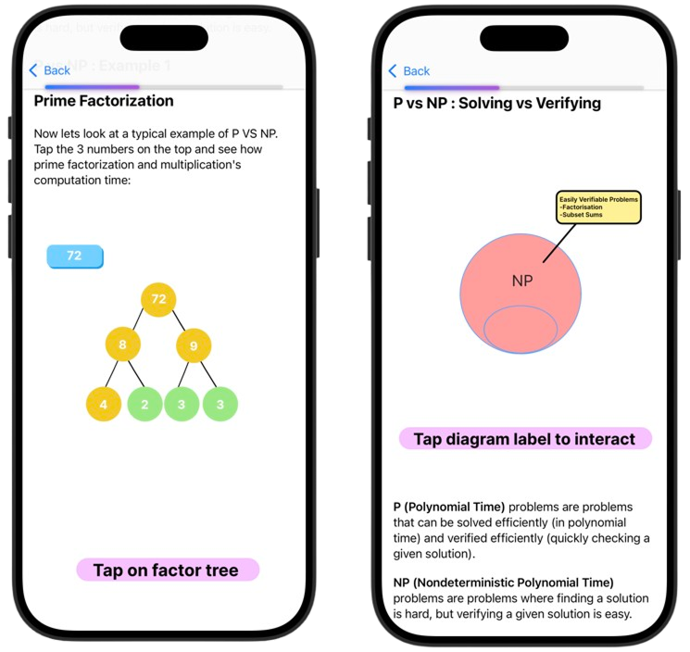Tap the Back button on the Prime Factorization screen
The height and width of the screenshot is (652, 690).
coord(49,70)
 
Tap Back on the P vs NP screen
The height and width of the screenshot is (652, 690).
coord(408,71)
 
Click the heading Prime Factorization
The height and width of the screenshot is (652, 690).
coord(104,100)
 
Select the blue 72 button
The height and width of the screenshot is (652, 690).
coord(74,256)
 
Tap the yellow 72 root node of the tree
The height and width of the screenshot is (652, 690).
coord(158,299)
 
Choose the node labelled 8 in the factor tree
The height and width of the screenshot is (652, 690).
coord(122,345)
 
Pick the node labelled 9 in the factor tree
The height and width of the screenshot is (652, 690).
coord(194,345)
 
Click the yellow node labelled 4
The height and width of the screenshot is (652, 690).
coord(104,404)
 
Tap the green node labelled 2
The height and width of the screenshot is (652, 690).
coord(145,404)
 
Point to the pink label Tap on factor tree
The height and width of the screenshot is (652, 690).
coord(167,570)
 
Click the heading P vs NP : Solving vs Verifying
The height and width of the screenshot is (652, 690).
coord(496,103)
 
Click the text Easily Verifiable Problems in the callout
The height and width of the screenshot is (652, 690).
coord(598,199)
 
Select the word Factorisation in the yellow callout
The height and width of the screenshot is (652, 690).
coord(583,207)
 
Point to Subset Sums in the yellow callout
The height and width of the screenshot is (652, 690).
coord(582,216)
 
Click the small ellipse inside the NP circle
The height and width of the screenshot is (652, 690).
coord(521,329)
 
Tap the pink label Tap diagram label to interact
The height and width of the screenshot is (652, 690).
coord(524,439)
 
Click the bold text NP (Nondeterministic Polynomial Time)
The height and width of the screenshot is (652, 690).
coord(503,583)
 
